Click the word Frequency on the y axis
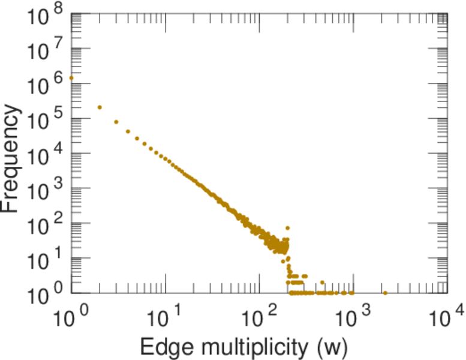point(12,158)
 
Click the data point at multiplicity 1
point(71,78)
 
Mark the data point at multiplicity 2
point(100,107)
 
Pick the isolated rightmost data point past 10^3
point(385,293)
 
